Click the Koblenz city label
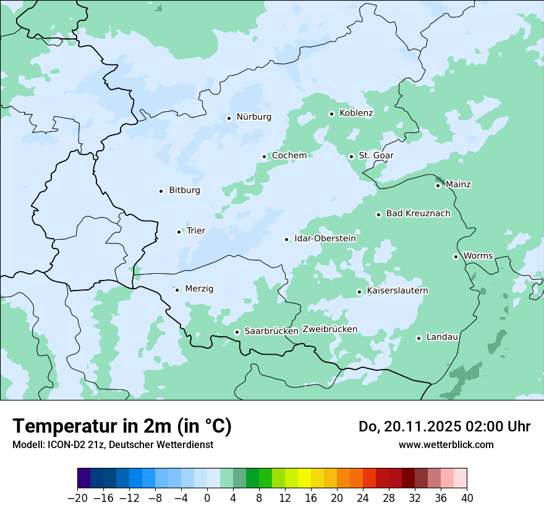coord(356,113)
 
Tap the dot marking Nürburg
coord(229,117)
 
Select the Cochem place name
coord(289,156)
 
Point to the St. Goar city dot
coord(351,156)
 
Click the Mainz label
coord(458,184)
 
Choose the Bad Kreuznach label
coord(418,214)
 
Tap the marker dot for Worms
coord(456,256)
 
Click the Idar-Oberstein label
coord(325,239)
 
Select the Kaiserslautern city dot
coord(359,292)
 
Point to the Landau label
coord(442,337)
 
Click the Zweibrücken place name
coord(329,329)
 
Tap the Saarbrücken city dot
coord(237,332)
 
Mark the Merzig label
coord(199,289)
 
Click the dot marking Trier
coord(179,232)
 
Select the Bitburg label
coord(184,190)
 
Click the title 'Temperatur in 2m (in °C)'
coord(122,426)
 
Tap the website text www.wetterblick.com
coord(446,444)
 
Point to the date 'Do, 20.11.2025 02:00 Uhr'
coord(444,426)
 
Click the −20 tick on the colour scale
coord(77,498)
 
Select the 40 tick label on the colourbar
coord(467,498)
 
